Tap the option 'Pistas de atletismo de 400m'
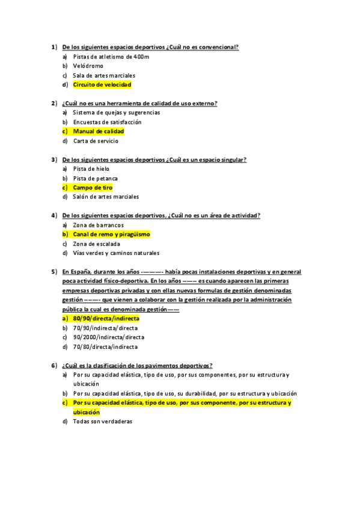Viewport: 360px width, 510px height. click(x=111, y=57)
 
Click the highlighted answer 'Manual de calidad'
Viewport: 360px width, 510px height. click(x=98, y=131)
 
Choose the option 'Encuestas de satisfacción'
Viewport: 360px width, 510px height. click(x=107, y=122)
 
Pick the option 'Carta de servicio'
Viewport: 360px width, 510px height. click(x=96, y=141)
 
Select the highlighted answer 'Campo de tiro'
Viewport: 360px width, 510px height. click(x=93, y=187)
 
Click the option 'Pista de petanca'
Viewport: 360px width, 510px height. click(x=95, y=178)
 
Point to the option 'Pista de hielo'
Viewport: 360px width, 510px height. click(x=91, y=169)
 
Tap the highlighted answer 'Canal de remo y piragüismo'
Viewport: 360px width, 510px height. click(x=111, y=234)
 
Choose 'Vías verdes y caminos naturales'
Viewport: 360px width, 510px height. click(x=116, y=253)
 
